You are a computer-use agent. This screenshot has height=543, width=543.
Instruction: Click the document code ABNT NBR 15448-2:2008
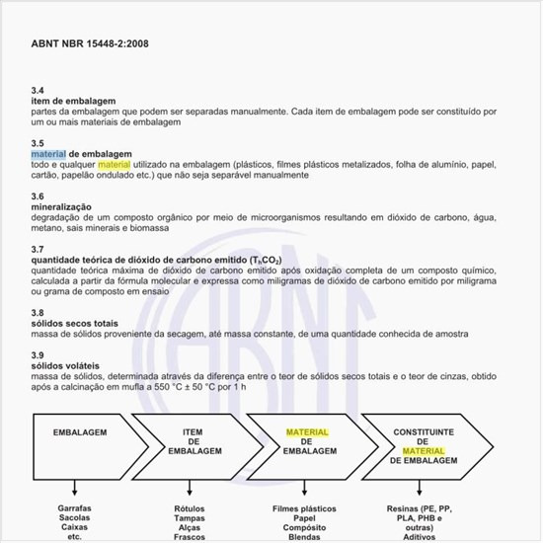pyautogui.click(x=90, y=43)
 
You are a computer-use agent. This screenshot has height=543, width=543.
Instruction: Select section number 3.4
pyautogui.click(x=38, y=91)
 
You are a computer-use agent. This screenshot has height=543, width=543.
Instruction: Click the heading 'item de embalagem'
pyautogui.click(x=74, y=102)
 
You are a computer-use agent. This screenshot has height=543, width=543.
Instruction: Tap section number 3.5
pyautogui.click(x=38, y=143)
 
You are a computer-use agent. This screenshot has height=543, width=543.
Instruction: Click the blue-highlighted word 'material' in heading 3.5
pyautogui.click(x=48, y=155)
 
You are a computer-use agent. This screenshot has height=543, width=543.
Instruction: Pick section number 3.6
pyautogui.click(x=38, y=196)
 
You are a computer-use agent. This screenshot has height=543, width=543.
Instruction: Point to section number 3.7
pyautogui.click(x=38, y=249)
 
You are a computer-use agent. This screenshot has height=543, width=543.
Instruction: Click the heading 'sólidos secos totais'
pyautogui.click(x=76, y=324)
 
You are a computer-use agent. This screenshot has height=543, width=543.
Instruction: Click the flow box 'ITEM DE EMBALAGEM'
pyautogui.click(x=193, y=441)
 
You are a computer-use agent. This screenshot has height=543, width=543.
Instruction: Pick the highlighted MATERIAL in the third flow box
pyautogui.click(x=307, y=432)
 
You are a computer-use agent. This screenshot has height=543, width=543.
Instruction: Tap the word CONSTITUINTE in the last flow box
pyautogui.click(x=424, y=432)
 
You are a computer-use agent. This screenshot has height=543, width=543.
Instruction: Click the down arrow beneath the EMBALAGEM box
pyautogui.click(x=75, y=486)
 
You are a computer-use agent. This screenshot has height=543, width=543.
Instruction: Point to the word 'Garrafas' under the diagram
pyautogui.click(x=75, y=508)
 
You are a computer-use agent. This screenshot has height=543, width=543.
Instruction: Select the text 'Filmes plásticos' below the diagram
pyautogui.click(x=307, y=508)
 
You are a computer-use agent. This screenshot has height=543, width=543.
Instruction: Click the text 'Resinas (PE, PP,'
pyautogui.click(x=423, y=508)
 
